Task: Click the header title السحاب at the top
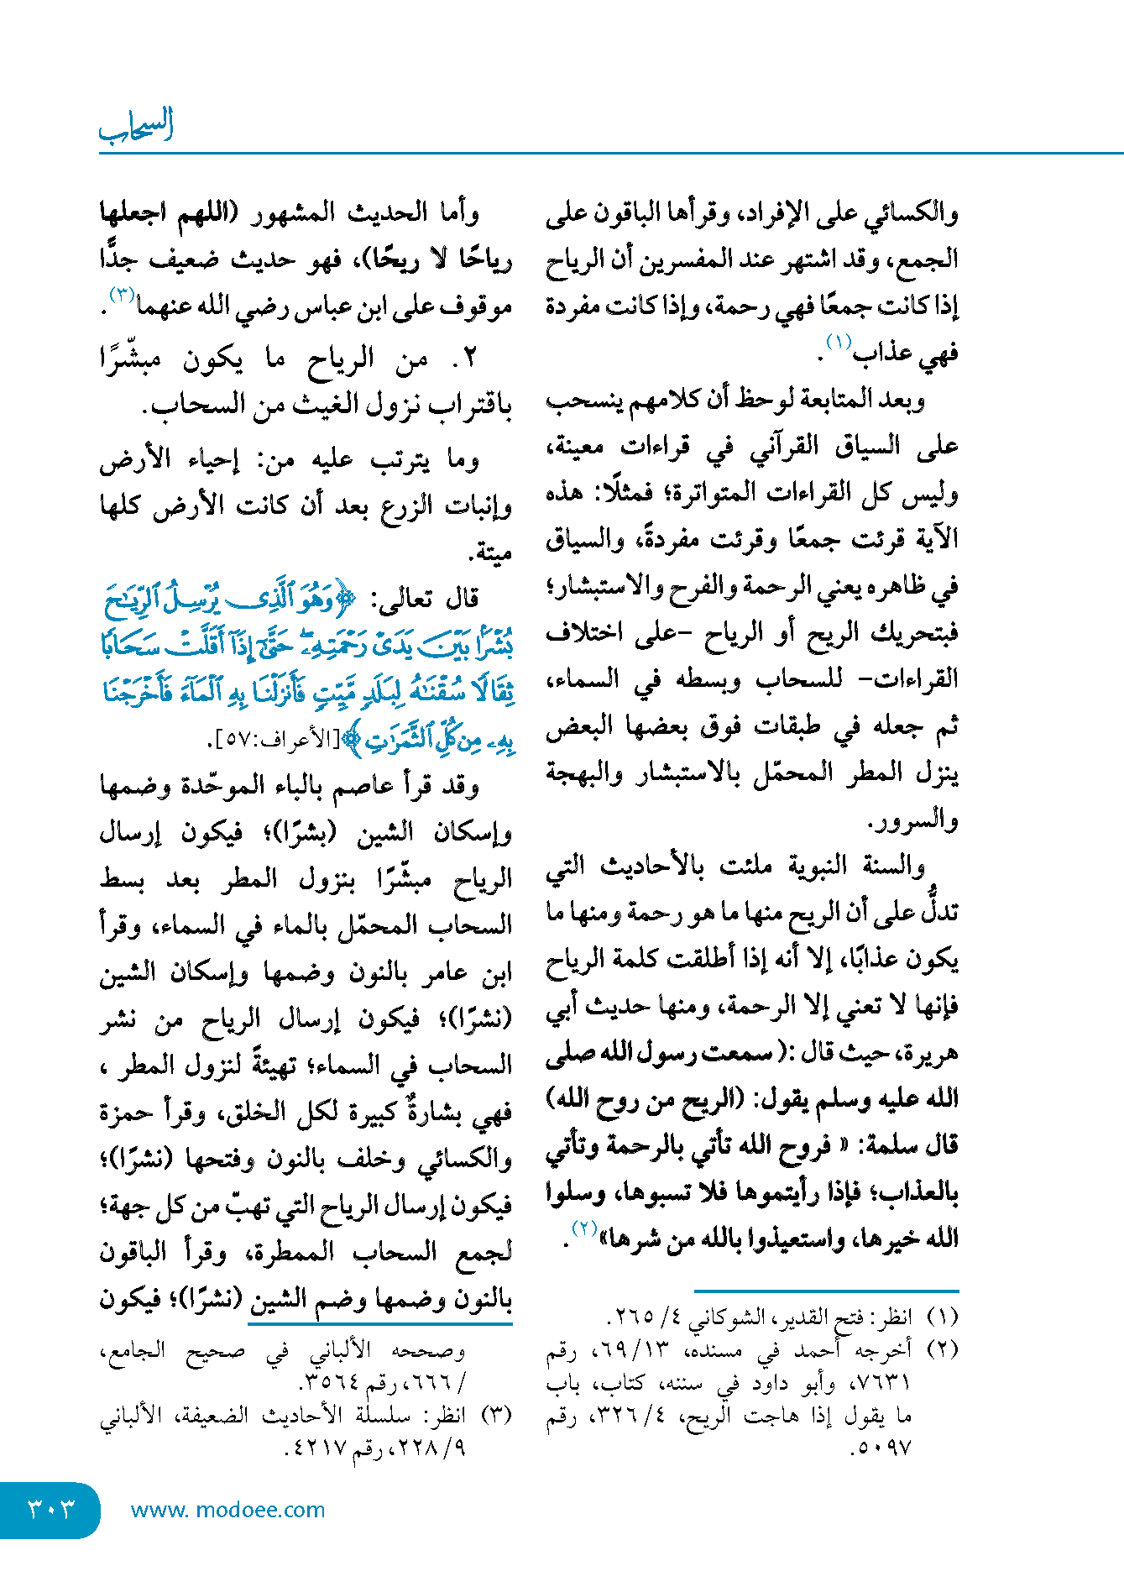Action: coord(136,127)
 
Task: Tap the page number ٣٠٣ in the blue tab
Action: coord(50,1509)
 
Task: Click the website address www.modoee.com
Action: coord(227,1510)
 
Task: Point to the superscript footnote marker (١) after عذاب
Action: coord(839,343)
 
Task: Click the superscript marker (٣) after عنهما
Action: coord(122,295)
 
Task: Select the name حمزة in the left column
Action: coord(125,1113)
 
